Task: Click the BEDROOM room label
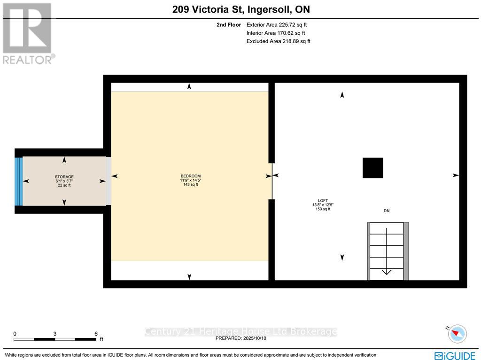(190, 176)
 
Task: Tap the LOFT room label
(323, 200)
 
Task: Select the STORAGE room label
(64, 177)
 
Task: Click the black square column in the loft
(372, 168)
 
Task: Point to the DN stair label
(386, 211)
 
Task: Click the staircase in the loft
(387, 251)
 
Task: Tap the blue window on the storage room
(19, 181)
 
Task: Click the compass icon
(457, 334)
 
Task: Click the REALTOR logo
(28, 33)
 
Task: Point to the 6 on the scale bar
(96, 334)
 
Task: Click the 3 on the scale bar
(55, 334)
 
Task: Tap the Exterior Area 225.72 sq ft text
(277, 25)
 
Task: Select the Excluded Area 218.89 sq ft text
(278, 41)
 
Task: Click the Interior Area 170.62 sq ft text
(276, 33)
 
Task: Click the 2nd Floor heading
(229, 25)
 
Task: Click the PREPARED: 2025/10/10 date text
(240, 338)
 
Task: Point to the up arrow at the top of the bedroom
(189, 86)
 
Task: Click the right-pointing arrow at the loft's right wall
(455, 175)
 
